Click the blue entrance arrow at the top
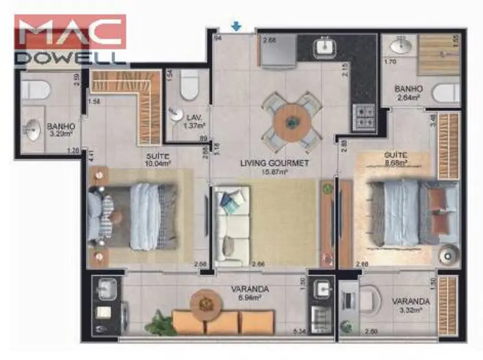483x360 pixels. [x=237, y=25]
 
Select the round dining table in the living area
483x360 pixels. [x=292, y=120]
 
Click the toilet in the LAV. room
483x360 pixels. [x=189, y=83]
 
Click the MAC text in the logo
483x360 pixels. [x=70, y=33]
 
